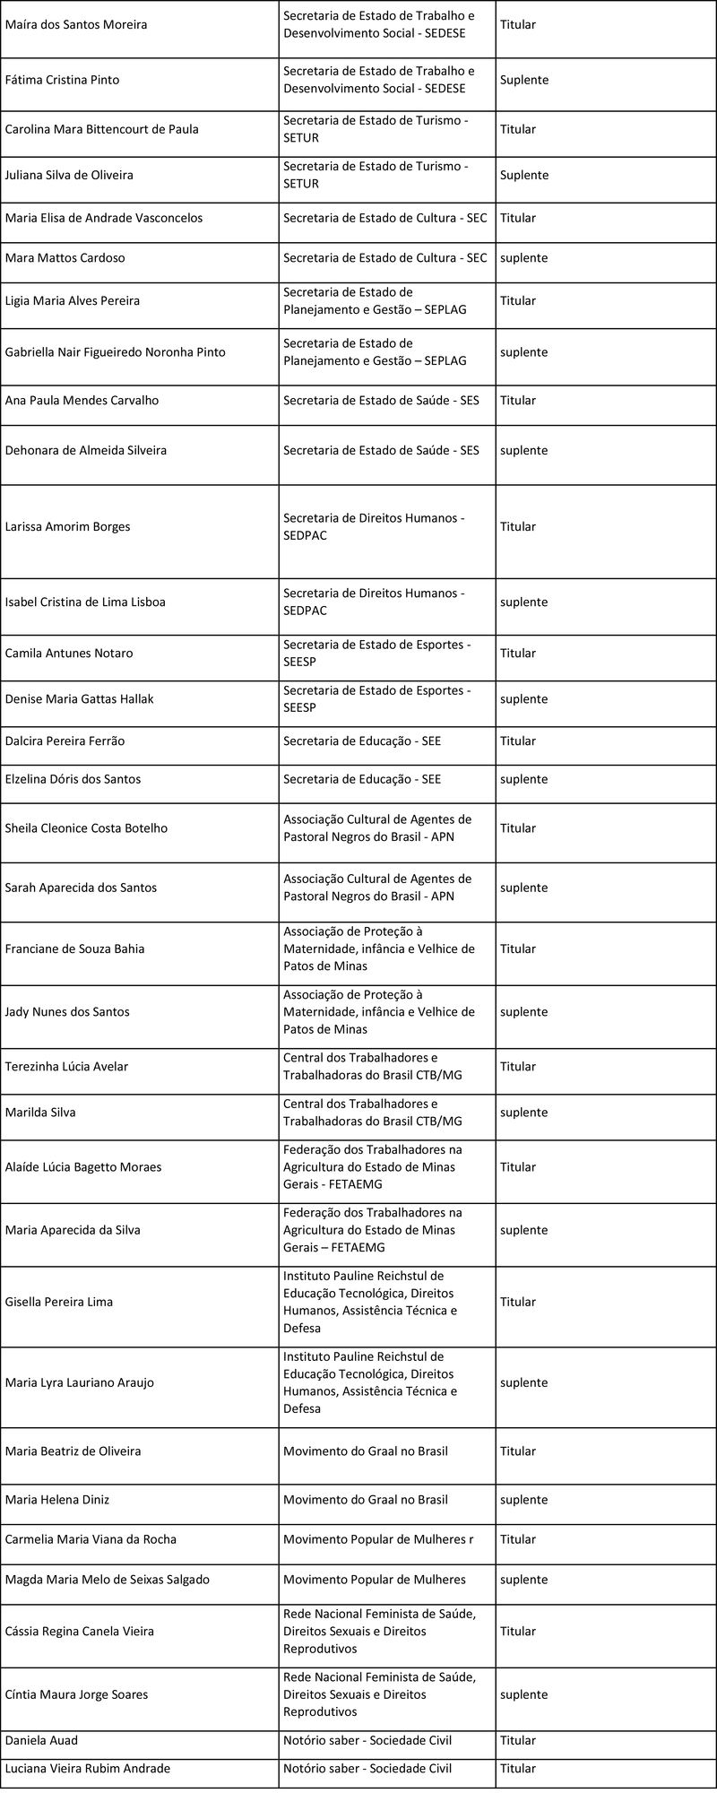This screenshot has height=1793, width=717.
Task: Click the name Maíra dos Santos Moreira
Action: (76, 25)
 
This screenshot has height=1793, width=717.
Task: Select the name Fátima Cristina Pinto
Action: (62, 80)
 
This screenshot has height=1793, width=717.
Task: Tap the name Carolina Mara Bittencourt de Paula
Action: (102, 129)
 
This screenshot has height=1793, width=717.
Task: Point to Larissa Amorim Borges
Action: (67, 527)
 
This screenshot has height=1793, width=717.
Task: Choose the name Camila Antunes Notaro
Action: (69, 654)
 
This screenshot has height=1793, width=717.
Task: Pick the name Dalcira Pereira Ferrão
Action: (65, 741)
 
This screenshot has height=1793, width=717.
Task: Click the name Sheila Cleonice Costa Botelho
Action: (86, 828)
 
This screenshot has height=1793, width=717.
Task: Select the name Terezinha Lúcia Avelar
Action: (66, 1067)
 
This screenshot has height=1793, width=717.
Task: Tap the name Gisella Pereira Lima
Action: (59, 1302)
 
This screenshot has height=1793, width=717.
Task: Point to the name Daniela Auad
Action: (41, 1740)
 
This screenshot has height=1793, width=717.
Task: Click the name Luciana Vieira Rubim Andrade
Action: (88, 1769)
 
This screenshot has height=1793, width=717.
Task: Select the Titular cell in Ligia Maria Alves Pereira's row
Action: (518, 301)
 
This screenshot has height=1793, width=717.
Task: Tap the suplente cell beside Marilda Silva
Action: (523, 1113)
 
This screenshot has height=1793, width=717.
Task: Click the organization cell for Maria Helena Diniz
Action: (366, 1500)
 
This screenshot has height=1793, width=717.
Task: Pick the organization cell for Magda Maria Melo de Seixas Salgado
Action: (375, 1580)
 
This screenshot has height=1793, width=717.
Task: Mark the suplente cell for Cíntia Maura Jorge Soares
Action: (523, 1694)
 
